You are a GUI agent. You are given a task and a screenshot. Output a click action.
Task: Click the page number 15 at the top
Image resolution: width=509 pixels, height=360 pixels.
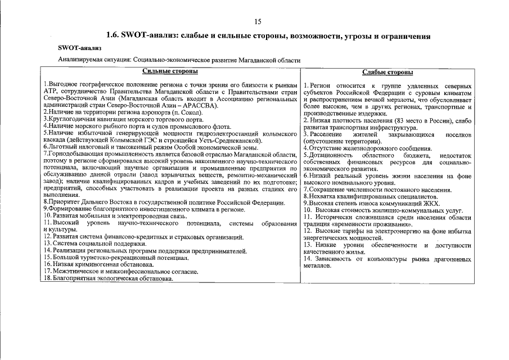point(258,22)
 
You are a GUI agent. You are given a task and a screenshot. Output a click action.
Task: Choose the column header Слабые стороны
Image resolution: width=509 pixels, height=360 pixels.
point(388,72)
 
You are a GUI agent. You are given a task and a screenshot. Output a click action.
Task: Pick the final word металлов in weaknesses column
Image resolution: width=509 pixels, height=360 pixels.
point(318,265)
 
